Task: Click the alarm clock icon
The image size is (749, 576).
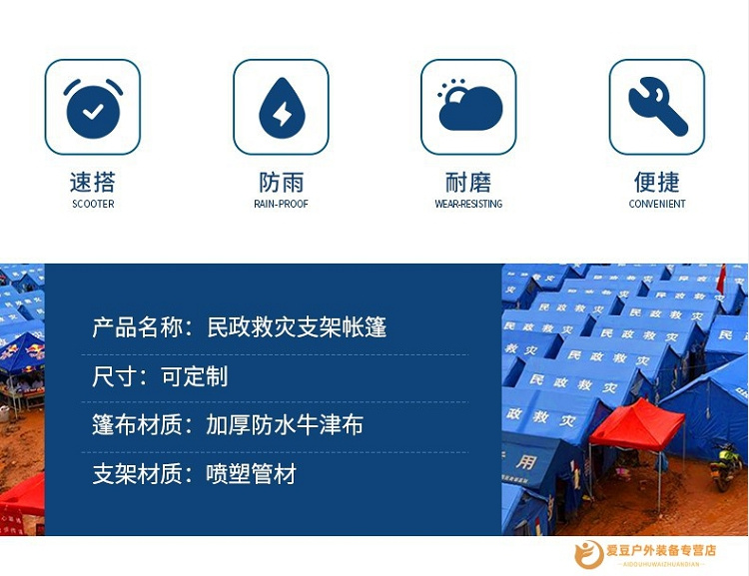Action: [x=93, y=109]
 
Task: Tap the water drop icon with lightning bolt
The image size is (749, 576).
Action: [x=282, y=108]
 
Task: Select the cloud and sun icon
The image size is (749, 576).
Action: [x=469, y=105]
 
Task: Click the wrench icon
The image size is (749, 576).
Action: [x=658, y=106]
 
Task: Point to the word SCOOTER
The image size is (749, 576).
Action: [x=93, y=204]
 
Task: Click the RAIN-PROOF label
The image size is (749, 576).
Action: [x=281, y=204]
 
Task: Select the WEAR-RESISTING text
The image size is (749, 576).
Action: [x=468, y=204]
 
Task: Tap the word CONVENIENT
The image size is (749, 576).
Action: [x=657, y=204]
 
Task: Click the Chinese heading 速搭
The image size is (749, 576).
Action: [x=93, y=182]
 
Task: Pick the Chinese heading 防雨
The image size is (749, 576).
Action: [x=282, y=182]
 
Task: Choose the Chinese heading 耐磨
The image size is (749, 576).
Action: [x=468, y=182]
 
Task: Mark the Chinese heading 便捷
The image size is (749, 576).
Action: [x=657, y=182]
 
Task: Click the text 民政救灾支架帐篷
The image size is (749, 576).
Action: [x=297, y=327]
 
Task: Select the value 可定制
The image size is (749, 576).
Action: [x=195, y=376]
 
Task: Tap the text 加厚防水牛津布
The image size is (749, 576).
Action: [x=285, y=424]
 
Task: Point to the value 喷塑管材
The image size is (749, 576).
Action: [x=252, y=474]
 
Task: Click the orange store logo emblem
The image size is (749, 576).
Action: [x=589, y=554]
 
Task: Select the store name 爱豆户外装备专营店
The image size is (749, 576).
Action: [x=661, y=550]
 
